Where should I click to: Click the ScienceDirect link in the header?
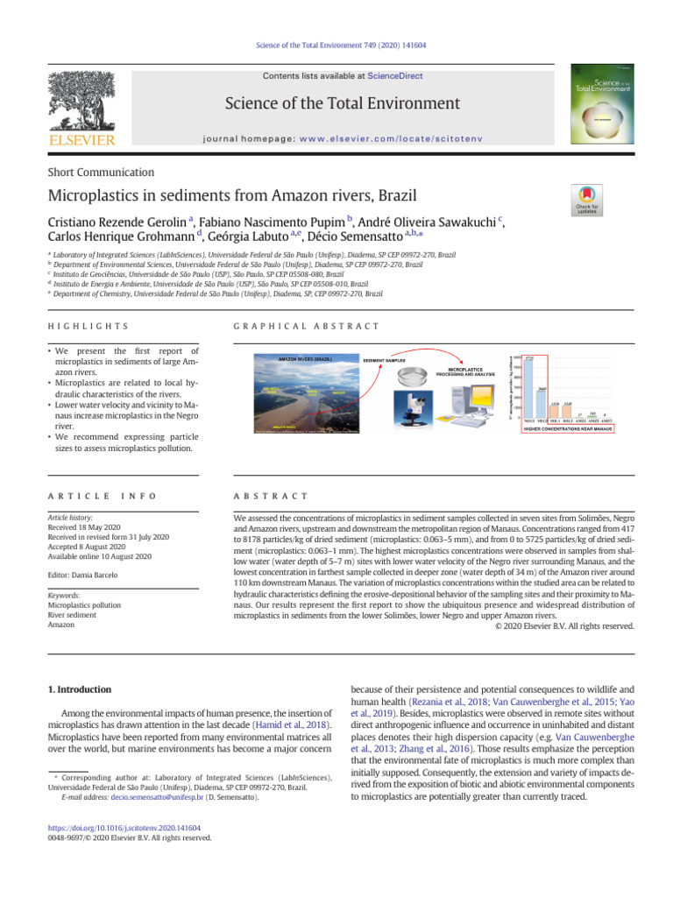[x=394, y=76]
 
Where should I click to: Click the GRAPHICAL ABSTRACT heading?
[x=307, y=326]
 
